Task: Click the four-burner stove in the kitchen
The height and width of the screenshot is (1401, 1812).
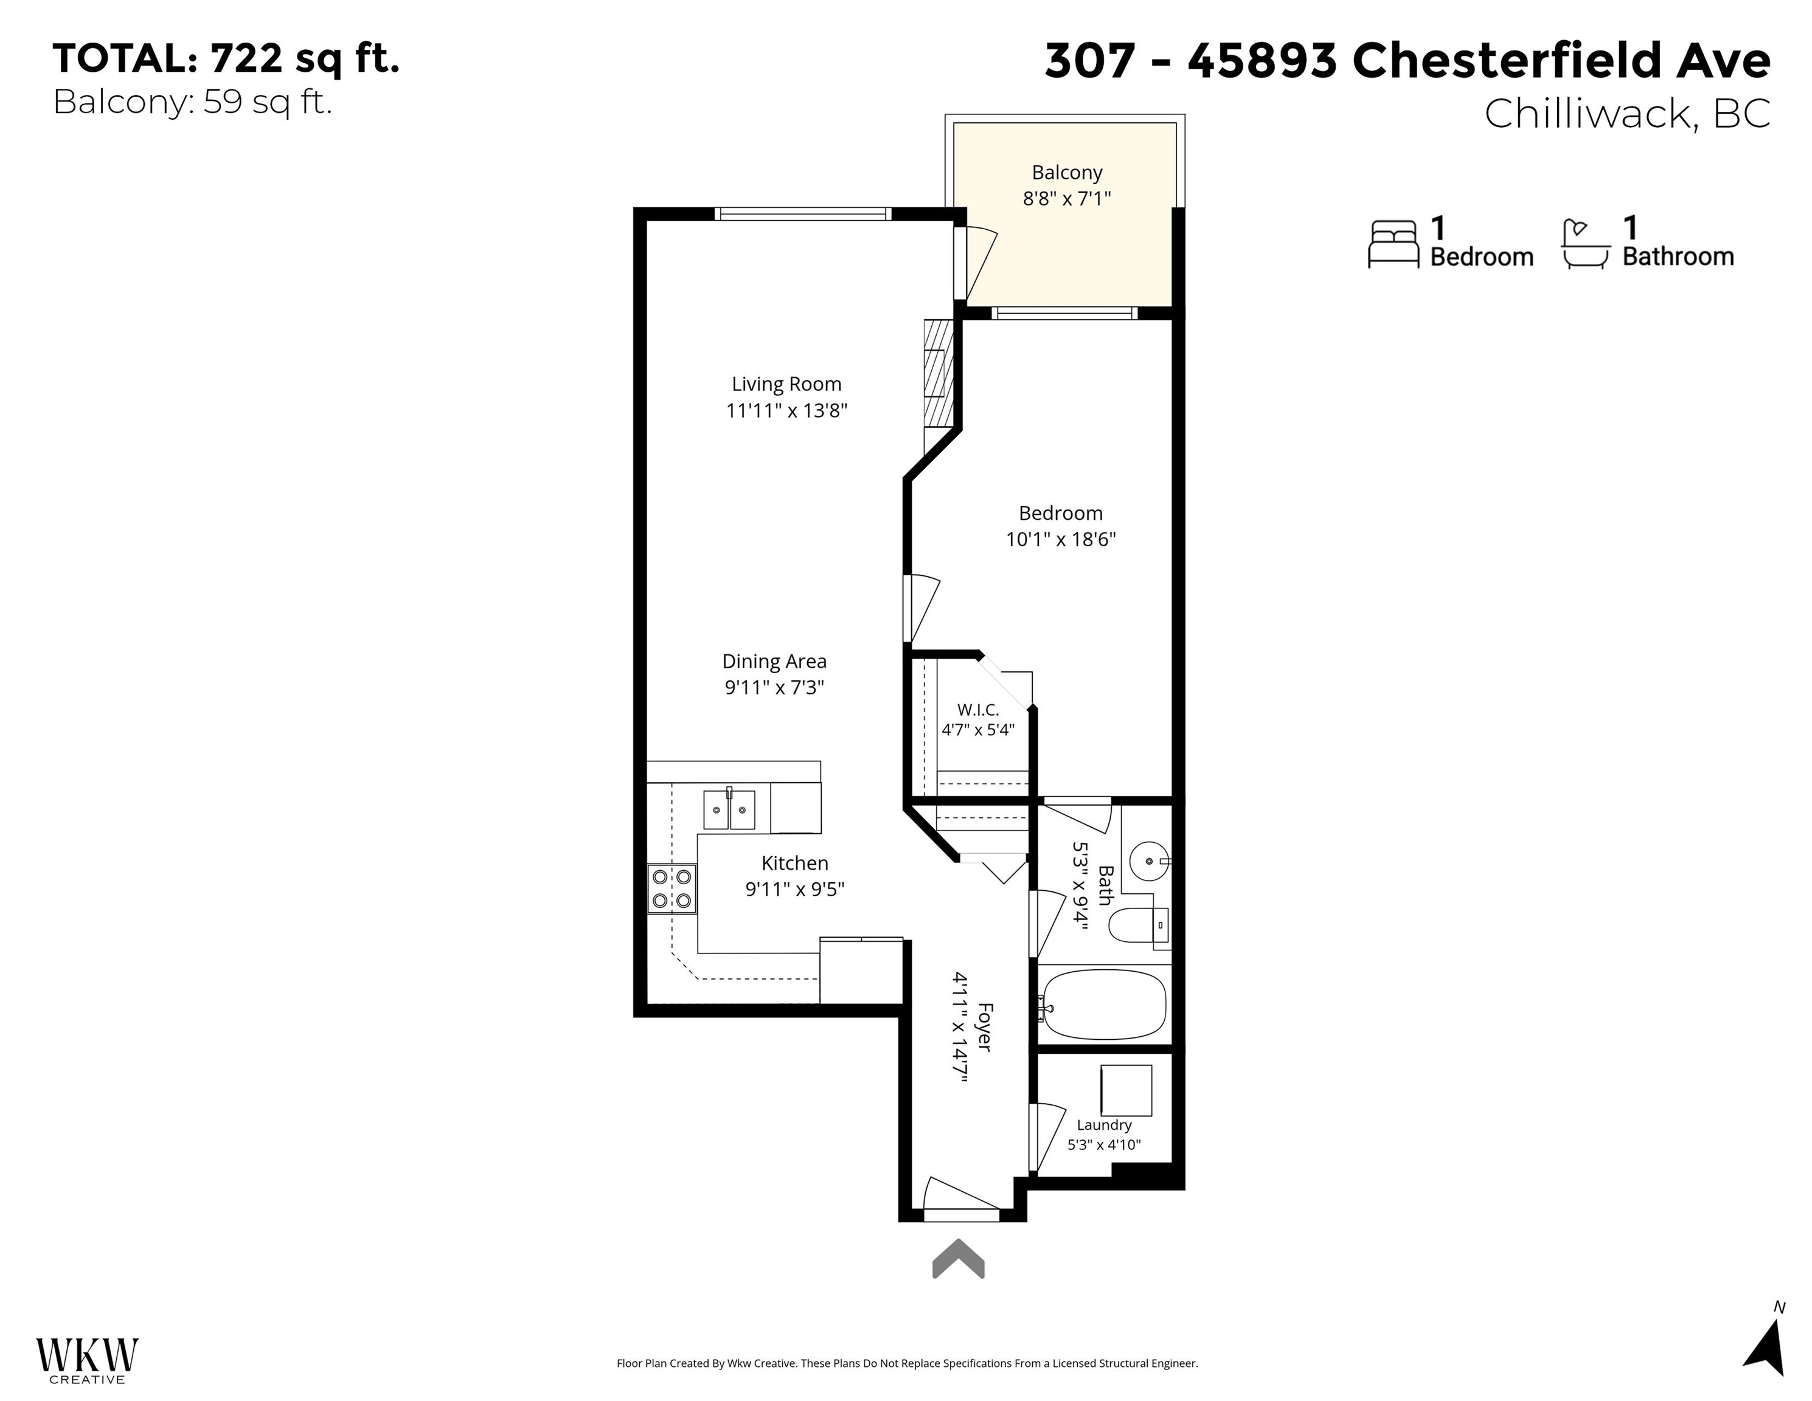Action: coord(672,888)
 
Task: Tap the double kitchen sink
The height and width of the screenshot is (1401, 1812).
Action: coord(729,809)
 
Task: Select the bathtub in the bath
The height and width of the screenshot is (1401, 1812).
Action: coord(1104,1005)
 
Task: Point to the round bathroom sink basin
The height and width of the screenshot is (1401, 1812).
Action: coord(1149,861)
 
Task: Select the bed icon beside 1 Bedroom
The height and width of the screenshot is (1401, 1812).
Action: coord(1393,244)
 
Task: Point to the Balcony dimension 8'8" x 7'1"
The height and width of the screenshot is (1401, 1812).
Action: coord(1066,198)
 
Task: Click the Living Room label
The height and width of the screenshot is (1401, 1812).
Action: coord(786,384)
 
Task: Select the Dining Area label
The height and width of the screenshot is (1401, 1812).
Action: coord(774,661)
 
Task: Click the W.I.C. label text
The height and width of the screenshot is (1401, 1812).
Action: coord(978,710)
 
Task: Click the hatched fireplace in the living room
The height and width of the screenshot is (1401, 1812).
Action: coord(939,386)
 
